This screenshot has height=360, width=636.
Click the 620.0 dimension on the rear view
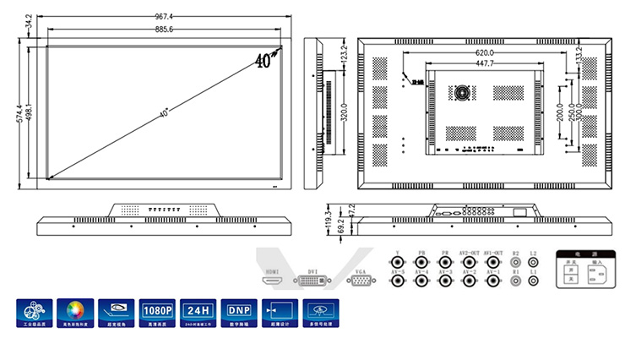click(484, 53)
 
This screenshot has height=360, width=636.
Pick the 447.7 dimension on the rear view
click(484, 63)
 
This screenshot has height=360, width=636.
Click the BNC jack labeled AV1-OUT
click(492, 263)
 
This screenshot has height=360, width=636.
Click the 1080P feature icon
click(157, 310)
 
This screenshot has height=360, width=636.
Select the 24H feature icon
click(198, 310)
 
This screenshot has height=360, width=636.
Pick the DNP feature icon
click(239, 310)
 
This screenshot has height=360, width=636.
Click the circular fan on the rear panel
click(461, 90)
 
